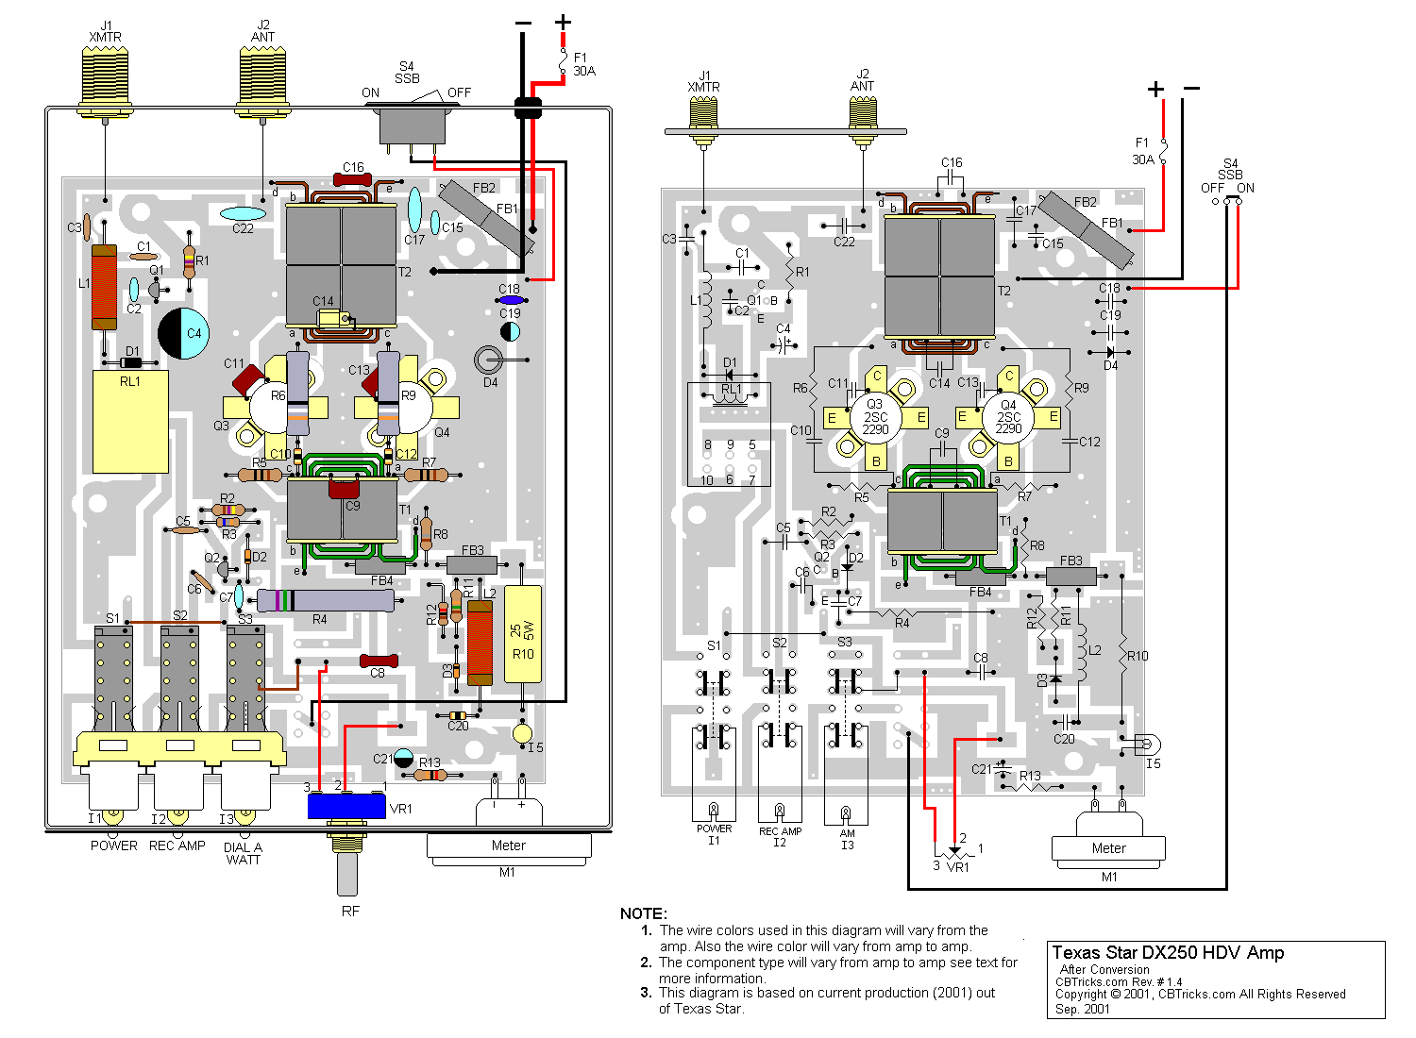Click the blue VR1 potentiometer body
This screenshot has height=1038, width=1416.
click(346, 806)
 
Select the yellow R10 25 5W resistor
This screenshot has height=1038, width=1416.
click(523, 633)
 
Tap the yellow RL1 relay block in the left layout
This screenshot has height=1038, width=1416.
click(130, 421)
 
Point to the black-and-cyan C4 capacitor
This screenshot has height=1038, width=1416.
click(183, 333)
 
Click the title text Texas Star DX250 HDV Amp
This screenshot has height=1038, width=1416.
click(1168, 953)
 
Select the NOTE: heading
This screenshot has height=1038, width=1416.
click(643, 913)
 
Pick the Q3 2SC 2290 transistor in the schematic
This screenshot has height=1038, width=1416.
click(875, 417)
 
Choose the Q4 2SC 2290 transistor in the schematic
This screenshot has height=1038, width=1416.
click(1008, 417)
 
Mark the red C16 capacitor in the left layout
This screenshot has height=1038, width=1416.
click(352, 180)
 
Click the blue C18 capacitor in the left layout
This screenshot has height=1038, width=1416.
click(511, 300)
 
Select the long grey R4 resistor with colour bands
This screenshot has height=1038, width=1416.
click(325, 600)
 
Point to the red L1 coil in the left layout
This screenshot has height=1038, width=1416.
click(104, 287)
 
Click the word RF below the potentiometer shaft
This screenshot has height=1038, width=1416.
click(350, 912)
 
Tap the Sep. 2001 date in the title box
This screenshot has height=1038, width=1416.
click(1083, 1009)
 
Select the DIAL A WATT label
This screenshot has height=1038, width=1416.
click(243, 853)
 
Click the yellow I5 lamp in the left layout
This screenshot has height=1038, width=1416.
click(522, 733)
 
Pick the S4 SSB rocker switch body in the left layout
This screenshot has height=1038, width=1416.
click(413, 126)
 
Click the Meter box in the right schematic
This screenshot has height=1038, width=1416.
click(1108, 848)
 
